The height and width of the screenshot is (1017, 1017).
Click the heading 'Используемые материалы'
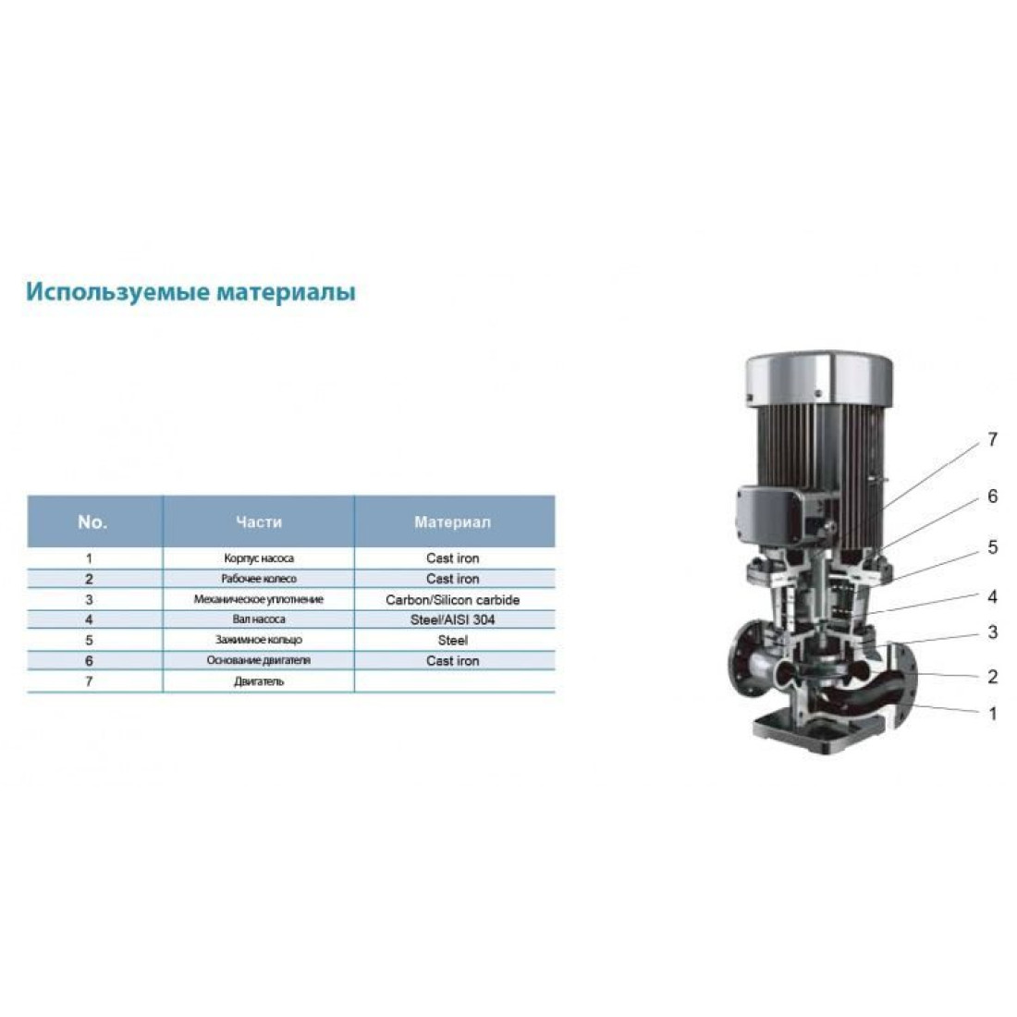(190, 292)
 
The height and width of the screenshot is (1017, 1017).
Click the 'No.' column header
(92, 522)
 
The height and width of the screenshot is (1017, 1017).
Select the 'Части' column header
(259, 522)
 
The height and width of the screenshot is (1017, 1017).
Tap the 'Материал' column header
(453, 522)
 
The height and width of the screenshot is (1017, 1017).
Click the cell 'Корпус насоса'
(259, 558)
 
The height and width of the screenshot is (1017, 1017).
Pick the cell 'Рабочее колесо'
(259, 579)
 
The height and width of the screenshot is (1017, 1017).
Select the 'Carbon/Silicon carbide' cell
(453, 600)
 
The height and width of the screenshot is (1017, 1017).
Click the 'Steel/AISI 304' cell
(453, 620)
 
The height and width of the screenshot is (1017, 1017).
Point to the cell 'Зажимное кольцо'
(259, 640)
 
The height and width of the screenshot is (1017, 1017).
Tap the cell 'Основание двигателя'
(259, 660)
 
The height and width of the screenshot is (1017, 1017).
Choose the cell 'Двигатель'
(259, 681)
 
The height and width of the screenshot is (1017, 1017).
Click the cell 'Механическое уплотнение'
(259, 600)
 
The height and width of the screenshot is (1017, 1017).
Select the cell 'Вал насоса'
(259, 620)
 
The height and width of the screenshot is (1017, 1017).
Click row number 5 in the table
(90, 640)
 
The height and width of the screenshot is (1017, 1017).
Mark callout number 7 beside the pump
(992, 440)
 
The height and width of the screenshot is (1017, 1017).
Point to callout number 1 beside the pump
(992, 714)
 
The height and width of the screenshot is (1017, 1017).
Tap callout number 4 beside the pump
(992, 596)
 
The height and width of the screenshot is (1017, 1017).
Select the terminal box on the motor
(772, 517)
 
